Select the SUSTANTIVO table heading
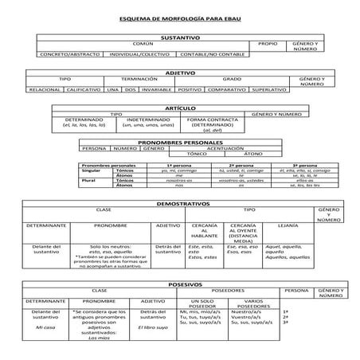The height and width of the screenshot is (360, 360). click(180, 37)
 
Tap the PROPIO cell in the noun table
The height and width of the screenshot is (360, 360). click(268, 44)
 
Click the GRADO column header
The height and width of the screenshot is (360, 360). click(232, 80)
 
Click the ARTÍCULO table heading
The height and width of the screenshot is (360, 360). click(180, 108)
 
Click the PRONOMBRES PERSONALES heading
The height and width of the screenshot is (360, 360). click(180, 142)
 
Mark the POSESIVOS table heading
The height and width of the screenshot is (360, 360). click(180, 284)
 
